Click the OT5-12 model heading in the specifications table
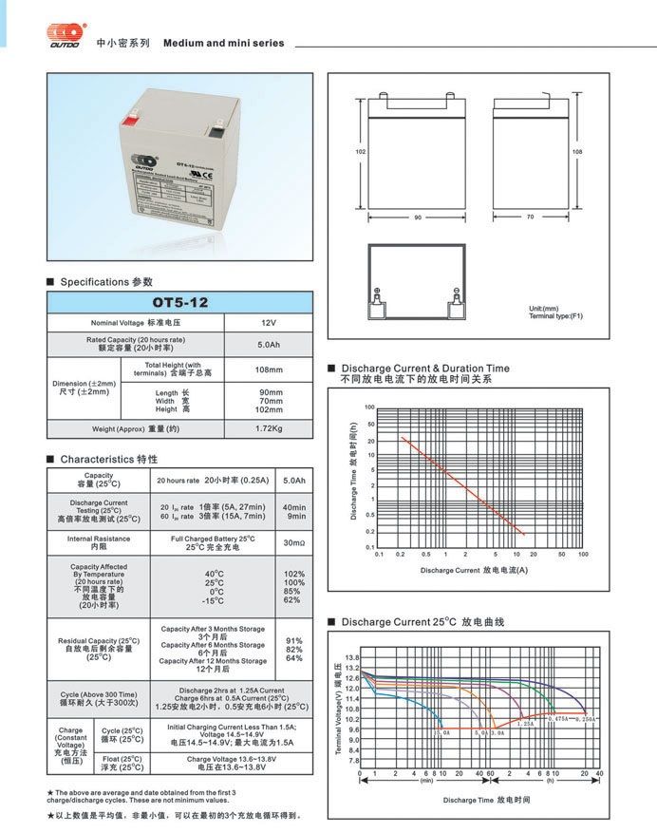pos(179,302)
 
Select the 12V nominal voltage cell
pos(269,323)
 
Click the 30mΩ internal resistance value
pos(294,542)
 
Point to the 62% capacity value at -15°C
pos(292,599)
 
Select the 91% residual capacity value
pos(294,640)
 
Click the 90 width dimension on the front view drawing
pos(417,218)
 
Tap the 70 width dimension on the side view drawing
pos(531,218)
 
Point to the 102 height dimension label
pos(360,152)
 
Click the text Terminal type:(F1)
pos(555,315)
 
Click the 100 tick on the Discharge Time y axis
pos(370,407)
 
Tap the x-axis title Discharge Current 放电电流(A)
pos(474,570)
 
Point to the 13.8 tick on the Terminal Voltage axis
pos(352,657)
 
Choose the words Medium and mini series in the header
pos(223,44)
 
